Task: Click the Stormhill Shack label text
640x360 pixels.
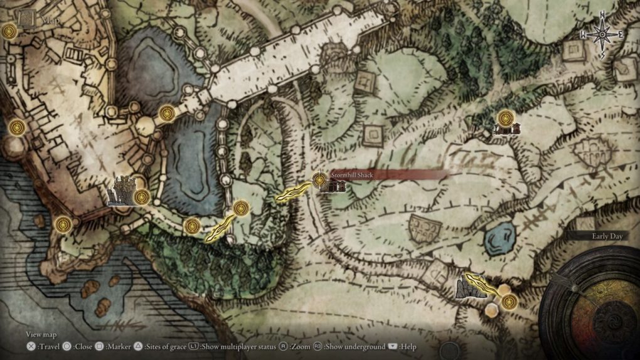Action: (x=352, y=176)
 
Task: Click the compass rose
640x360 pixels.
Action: (x=602, y=34)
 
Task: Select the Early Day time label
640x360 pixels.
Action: (x=607, y=236)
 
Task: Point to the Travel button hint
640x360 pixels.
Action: (x=43, y=346)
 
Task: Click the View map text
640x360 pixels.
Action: (x=41, y=335)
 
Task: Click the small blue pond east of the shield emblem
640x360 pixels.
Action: (x=501, y=237)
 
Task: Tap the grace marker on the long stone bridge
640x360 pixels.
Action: (x=166, y=114)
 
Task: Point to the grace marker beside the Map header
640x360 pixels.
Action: (x=9, y=31)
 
